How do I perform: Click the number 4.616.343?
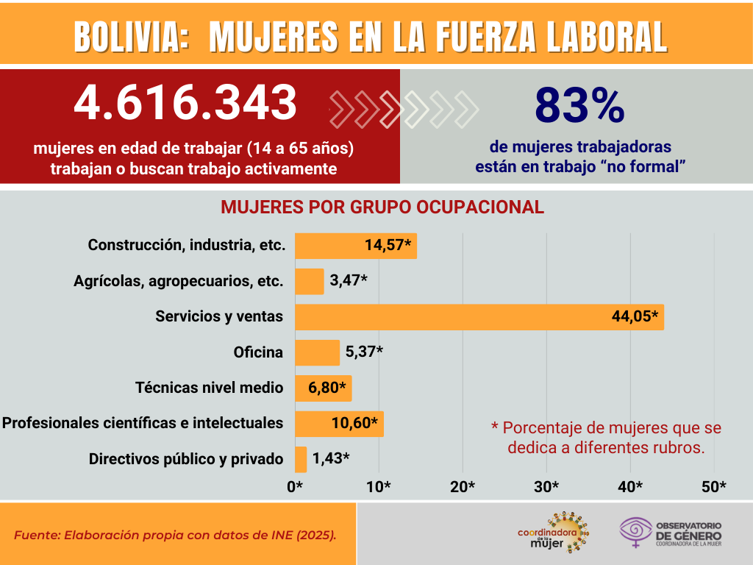[x=185, y=103]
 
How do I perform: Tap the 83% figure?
[x=579, y=105]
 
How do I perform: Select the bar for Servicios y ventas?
[x=479, y=316]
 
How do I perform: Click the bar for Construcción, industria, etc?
[x=355, y=245]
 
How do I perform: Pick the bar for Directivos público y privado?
[x=301, y=459]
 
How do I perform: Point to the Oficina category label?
[x=258, y=352]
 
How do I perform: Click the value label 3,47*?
[x=349, y=281]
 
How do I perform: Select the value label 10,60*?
[x=354, y=423]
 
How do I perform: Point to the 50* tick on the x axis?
[x=714, y=487]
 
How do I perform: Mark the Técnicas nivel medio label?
[x=210, y=388]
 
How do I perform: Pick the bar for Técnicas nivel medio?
[x=323, y=388]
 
